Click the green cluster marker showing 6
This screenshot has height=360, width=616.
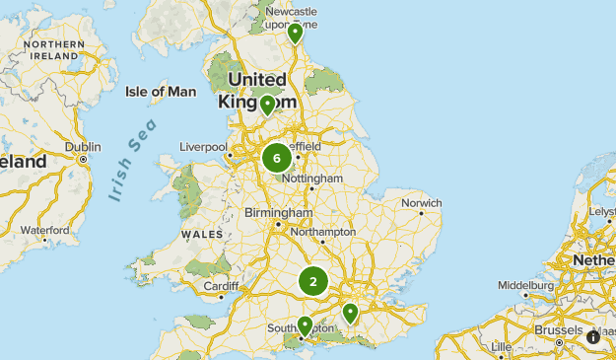(277, 158)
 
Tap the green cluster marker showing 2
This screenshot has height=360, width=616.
(313, 282)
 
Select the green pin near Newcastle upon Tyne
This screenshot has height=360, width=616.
(295, 34)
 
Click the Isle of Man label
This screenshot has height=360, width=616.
(161, 92)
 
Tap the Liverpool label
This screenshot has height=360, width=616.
(203, 147)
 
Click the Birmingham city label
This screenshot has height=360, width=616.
(279, 213)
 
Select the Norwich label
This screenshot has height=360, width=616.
(421, 204)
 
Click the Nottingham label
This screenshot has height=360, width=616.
(311, 179)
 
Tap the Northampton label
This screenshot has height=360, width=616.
(323, 232)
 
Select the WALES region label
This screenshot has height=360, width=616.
(202, 235)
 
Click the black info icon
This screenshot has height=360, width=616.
(593, 336)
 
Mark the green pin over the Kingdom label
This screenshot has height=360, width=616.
(267, 104)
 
